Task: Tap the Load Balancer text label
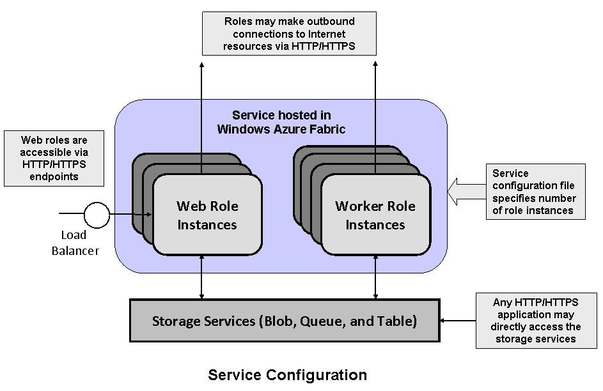click(75, 243)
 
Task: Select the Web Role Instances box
click(207, 215)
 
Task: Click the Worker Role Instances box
click(375, 215)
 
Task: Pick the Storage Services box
click(284, 320)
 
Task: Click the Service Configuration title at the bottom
click(288, 374)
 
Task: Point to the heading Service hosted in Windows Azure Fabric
click(281, 122)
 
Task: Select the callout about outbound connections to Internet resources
click(289, 34)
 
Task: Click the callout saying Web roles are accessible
click(54, 158)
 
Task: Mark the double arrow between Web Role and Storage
click(202, 277)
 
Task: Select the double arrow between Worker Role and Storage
click(375, 277)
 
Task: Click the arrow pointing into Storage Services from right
click(457, 320)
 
